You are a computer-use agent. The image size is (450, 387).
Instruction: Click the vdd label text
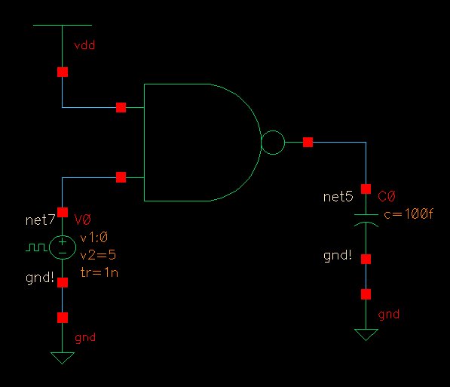(84, 46)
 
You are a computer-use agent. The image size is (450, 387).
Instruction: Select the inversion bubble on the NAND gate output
(272, 142)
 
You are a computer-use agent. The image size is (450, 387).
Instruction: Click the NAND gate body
(196, 143)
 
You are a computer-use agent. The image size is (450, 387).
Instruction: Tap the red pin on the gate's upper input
(121, 108)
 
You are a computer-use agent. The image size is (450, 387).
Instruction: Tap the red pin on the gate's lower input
(121, 177)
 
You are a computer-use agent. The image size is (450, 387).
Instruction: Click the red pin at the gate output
(308, 142)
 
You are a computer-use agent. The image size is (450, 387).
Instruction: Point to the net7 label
(41, 220)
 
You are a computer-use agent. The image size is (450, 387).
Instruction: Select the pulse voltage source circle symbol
(62, 246)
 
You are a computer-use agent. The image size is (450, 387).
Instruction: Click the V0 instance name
(82, 220)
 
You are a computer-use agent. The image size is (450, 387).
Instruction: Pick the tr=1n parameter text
(98, 272)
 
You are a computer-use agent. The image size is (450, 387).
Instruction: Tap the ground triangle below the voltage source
(62, 357)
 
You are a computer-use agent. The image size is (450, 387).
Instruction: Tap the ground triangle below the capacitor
(366, 333)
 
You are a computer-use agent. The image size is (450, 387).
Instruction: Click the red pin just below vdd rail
(62, 72)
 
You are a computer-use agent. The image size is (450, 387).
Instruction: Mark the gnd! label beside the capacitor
(337, 256)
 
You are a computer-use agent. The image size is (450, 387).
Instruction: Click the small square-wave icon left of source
(35, 246)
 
